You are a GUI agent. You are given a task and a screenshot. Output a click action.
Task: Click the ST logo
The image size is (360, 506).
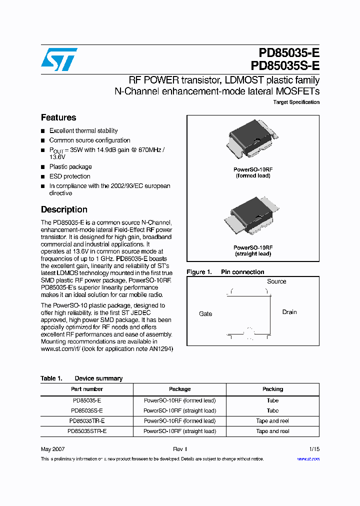pyautogui.click(x=59, y=59)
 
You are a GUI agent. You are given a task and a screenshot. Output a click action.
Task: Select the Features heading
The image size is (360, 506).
pyautogui.click(x=58, y=117)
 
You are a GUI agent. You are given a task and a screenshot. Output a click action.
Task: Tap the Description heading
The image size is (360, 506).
pyautogui.click(x=64, y=209)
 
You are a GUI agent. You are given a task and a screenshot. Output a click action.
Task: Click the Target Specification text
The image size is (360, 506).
pyautogui.click(x=296, y=102)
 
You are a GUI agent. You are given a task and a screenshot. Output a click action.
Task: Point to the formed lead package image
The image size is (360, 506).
pyautogui.click(x=252, y=140)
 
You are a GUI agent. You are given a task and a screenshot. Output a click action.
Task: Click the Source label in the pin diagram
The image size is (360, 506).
pyautogui.click(x=276, y=281)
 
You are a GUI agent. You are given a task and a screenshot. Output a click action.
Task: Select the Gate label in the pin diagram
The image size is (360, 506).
pyautogui.click(x=205, y=314)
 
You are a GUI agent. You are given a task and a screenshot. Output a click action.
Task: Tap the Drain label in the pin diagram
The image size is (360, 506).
pyautogui.click(x=289, y=312)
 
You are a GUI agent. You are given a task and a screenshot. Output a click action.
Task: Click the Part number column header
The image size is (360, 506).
pyautogui.click(x=87, y=389)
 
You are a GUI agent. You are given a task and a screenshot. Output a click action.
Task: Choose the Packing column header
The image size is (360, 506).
pyautogui.click(x=272, y=389)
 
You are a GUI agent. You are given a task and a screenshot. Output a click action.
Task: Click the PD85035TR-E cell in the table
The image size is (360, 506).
pyautogui.click(x=87, y=421)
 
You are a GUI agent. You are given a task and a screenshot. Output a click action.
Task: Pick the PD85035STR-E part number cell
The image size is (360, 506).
pyautogui.click(x=87, y=431)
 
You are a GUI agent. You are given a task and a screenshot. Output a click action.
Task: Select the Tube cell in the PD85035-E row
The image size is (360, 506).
pyautogui.click(x=272, y=400)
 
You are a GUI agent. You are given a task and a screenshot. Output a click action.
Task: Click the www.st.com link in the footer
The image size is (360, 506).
pyautogui.click(x=308, y=459)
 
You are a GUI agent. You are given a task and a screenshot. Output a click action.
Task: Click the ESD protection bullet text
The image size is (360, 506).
pyautogui.click(x=69, y=176)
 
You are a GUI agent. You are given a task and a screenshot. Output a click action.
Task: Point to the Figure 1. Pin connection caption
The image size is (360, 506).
pyautogui.click(x=225, y=272)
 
